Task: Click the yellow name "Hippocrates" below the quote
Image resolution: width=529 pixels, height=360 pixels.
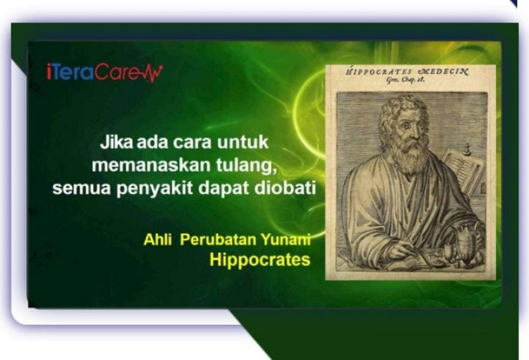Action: [260, 260]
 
